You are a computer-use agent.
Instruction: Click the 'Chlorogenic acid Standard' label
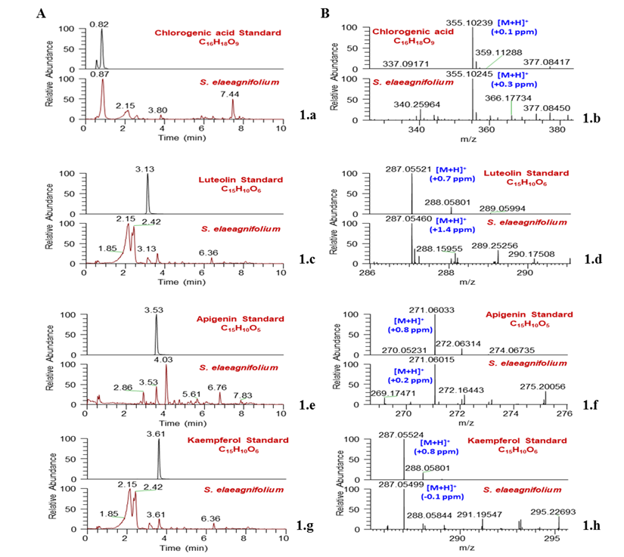coord(218,33)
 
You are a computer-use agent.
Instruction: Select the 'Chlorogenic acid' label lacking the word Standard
coord(413,32)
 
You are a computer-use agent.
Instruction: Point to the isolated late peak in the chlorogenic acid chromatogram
coord(233,106)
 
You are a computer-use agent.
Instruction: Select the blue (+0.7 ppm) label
coord(452,179)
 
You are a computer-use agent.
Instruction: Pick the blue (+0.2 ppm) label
coord(410,380)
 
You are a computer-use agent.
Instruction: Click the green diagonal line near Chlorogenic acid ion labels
coord(494,61)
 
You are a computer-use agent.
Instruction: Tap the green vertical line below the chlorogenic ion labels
coord(511,107)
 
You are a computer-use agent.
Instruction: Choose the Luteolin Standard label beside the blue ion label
coord(526,173)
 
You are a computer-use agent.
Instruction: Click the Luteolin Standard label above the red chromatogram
coord(241,180)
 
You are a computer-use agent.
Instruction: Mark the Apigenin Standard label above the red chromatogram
coord(240,319)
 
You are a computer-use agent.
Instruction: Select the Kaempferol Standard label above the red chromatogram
coord(237,440)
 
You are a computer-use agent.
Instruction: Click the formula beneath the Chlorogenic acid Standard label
coord(219,43)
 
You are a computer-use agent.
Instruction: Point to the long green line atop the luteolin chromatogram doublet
coord(144,224)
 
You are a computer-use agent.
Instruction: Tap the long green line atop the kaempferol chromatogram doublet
coord(145,490)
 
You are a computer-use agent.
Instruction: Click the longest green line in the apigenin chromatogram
coord(135,391)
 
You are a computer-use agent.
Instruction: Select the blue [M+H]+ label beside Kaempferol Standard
coord(435,442)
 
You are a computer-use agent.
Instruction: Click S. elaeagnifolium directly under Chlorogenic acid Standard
coord(240,82)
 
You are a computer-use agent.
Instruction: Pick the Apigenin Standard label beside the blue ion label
coord(529,314)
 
